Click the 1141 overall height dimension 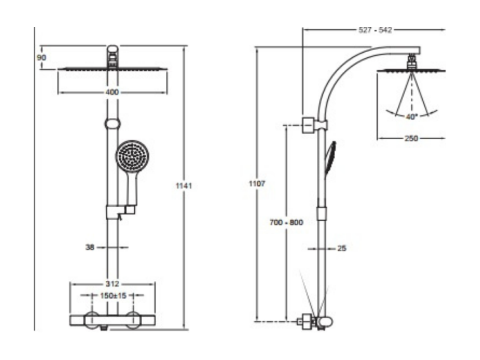[x=184, y=186]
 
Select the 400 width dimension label [x=112, y=92]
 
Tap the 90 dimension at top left [x=42, y=57]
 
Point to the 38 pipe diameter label [x=90, y=247]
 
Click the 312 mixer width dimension [x=112, y=284]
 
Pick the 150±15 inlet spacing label [x=114, y=296]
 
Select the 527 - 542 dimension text [x=375, y=30]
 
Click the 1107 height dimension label [x=257, y=184]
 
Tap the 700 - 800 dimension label [x=286, y=222]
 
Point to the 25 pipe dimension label [x=342, y=248]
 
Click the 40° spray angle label [x=411, y=117]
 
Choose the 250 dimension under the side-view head [x=411, y=138]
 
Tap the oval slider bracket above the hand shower [x=112, y=124]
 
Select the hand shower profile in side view [x=330, y=159]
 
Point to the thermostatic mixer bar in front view [x=112, y=320]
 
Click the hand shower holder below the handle [x=121, y=212]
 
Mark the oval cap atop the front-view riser [x=112, y=50]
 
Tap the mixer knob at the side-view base [x=324, y=322]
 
